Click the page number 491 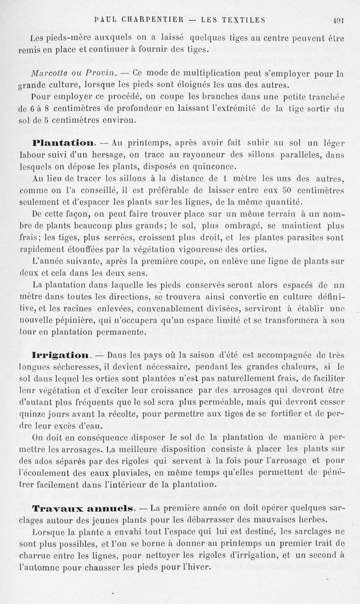tap(338, 19)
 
